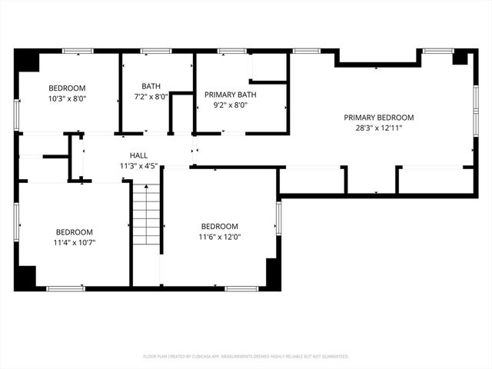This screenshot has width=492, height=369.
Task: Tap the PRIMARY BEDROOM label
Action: (x=378, y=118)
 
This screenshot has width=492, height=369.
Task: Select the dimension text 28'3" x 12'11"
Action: (x=378, y=128)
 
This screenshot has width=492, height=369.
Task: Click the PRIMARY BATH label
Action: (x=230, y=95)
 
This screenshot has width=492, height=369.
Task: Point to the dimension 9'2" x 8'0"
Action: (x=230, y=106)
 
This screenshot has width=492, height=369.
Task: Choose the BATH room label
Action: (x=151, y=86)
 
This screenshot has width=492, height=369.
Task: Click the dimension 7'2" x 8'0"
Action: (x=151, y=97)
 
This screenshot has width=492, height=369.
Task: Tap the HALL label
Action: (x=138, y=155)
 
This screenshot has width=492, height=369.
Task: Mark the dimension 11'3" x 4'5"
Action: (x=138, y=165)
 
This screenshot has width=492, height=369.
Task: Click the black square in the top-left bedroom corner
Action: (x=28, y=61)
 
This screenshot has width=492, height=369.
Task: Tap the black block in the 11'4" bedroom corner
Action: (x=27, y=277)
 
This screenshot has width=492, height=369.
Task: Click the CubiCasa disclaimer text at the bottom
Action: (x=246, y=357)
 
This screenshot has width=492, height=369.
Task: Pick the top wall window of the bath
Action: (x=155, y=52)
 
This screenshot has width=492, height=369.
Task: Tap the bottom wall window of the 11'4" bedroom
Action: (x=65, y=288)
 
